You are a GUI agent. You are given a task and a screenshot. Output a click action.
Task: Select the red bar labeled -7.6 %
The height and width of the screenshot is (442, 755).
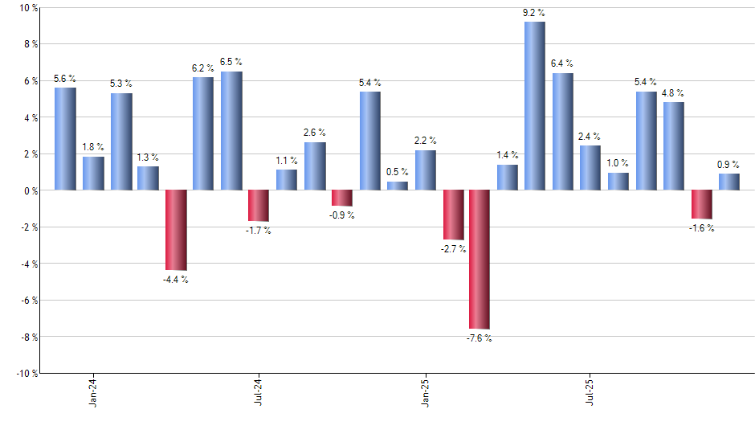(x=480, y=260)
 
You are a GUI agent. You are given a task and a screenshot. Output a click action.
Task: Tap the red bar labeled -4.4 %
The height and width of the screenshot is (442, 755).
(x=176, y=230)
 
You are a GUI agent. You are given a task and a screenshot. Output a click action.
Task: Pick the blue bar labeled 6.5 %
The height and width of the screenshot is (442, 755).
(x=231, y=131)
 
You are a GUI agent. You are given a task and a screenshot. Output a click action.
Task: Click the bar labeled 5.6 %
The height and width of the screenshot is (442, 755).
(x=65, y=139)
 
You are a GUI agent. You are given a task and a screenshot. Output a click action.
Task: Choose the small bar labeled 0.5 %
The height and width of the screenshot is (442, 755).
(x=398, y=186)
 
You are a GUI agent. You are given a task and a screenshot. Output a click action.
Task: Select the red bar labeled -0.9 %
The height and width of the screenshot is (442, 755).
(x=342, y=198)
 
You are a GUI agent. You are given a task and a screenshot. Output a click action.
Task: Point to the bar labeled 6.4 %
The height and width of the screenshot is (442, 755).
(x=563, y=132)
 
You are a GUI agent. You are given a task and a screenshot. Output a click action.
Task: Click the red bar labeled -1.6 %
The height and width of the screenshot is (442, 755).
(x=702, y=204)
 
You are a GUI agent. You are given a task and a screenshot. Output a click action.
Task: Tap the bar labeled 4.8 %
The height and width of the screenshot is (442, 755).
(x=674, y=146)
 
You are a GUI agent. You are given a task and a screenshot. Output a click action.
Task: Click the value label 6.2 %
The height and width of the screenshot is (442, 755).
(x=203, y=68)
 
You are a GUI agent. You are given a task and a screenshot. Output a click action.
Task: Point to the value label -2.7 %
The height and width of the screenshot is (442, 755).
(x=454, y=249)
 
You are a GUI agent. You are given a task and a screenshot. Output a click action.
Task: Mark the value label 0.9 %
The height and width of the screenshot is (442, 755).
(x=729, y=165)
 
